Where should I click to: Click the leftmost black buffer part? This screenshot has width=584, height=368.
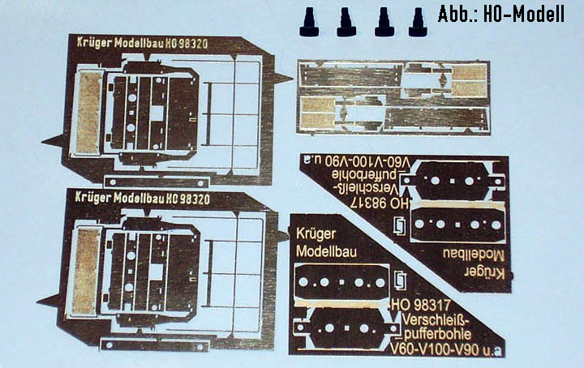coord(309,23)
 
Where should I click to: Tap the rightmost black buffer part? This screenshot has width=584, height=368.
coord(418,23)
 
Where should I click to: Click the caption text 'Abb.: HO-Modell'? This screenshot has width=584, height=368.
coord(501,15)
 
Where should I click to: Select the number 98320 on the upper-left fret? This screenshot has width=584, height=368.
coord(192,44)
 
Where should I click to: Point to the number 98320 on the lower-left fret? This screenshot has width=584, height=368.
coord(194,199)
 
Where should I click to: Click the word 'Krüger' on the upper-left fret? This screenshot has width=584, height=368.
coord(94,42)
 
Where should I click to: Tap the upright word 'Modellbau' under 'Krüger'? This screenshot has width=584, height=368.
coord(326,251)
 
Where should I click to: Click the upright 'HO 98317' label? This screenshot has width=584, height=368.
coord(421,306)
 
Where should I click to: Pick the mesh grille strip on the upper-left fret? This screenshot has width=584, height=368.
coord(88,113)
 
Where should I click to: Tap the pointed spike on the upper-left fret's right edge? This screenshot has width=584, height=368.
coord(282,78)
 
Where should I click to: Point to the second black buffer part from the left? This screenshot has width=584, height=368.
coord(347,23)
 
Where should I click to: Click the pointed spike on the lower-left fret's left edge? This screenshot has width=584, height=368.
coord(51,301)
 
